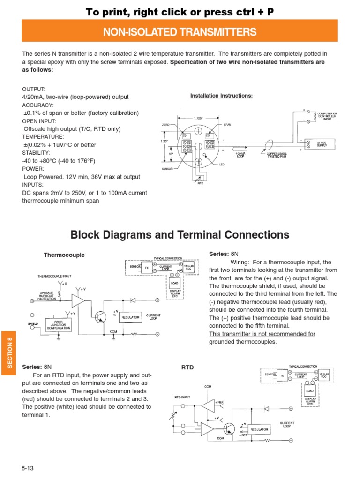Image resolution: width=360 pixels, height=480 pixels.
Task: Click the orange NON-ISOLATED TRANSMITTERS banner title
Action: (180, 32)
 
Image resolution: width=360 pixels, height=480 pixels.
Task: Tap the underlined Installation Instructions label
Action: (221, 96)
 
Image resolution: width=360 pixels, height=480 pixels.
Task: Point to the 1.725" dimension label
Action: (198, 118)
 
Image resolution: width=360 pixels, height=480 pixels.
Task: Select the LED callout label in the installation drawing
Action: (222, 165)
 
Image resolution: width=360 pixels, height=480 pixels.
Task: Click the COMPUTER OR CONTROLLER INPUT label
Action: (327, 116)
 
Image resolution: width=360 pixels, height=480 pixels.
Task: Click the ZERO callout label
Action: (165, 125)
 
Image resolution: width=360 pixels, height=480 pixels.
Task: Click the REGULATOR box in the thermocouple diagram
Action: (131, 317)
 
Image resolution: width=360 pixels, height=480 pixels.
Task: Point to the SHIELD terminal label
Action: (32, 323)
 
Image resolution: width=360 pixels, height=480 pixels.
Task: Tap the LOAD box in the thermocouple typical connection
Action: (174, 284)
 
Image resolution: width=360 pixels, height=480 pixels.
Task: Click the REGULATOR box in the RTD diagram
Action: (259, 429)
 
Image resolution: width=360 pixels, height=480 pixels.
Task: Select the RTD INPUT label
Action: (183, 397)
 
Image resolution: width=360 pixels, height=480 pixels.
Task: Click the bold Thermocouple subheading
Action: (64, 255)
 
